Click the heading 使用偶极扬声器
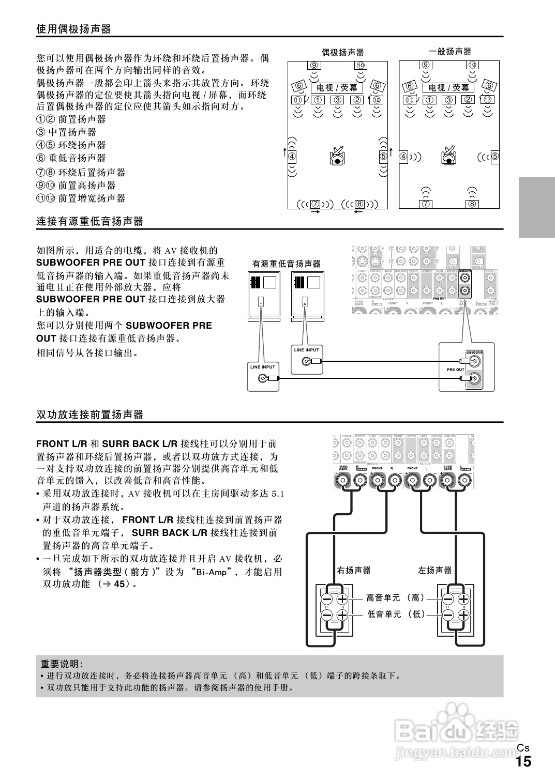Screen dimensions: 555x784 (x=74, y=29)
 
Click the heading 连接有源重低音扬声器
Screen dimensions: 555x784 (x=89, y=222)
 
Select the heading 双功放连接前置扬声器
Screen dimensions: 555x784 (x=89, y=414)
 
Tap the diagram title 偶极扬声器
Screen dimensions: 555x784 (x=343, y=52)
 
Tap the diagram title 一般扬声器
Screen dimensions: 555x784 (x=450, y=51)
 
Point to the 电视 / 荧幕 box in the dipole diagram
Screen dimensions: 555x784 (x=337, y=88)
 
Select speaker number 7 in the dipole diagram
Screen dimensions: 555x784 (x=314, y=204)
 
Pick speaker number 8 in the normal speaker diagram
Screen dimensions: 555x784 (x=472, y=204)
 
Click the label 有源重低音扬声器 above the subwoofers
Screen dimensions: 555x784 (x=286, y=264)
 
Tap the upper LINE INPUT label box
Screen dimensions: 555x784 (x=307, y=350)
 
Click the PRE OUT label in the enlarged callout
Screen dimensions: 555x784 (x=456, y=370)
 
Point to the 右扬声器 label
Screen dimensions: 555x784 (x=354, y=570)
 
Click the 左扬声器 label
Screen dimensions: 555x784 (x=434, y=570)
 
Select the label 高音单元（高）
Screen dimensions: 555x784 (x=396, y=598)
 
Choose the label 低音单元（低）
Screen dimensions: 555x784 (x=396, y=614)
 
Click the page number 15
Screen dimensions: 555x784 (x=523, y=761)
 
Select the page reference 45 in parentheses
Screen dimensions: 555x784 (x=120, y=584)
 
